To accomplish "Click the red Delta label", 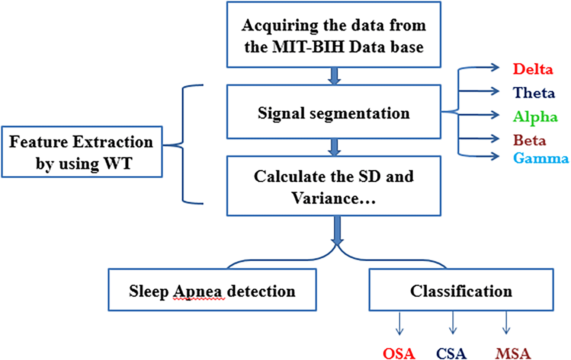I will [x=533, y=69].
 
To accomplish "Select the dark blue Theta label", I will [x=534, y=93].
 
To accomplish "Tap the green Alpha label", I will [x=535, y=117].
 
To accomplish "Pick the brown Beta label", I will [x=530, y=140].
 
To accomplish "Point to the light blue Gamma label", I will [x=541, y=158].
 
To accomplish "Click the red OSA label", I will [x=399, y=353].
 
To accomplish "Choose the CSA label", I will [x=451, y=353].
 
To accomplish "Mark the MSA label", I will [x=513, y=353].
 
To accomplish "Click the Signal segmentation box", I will [x=334, y=112].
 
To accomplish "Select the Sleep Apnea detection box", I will [x=212, y=290].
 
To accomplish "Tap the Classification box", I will [x=461, y=290].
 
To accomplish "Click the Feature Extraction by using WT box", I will [x=81, y=152].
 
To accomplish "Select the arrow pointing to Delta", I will [x=480, y=68].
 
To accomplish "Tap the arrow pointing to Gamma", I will [x=480, y=156].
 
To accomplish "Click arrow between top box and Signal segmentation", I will [x=334, y=76].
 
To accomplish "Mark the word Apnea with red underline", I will [x=198, y=291].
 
